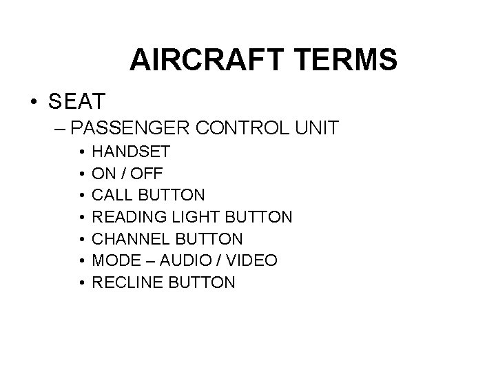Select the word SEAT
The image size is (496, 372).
click(76, 102)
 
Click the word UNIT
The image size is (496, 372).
click(316, 128)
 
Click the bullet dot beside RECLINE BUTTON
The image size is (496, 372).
click(81, 282)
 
